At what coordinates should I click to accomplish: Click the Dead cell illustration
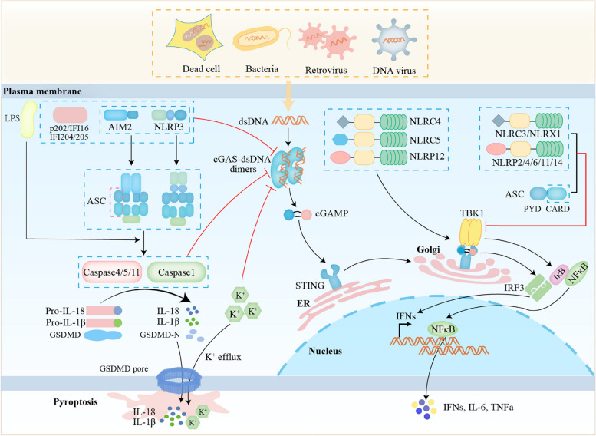[197, 38]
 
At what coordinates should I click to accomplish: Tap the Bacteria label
[262, 69]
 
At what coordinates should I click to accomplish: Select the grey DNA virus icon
[394, 41]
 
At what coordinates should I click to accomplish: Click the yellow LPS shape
[29, 119]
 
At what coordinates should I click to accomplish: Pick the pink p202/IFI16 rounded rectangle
[70, 114]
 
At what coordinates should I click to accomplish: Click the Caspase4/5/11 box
[111, 272]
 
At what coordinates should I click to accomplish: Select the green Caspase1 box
[176, 272]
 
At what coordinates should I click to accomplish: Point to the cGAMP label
[332, 214]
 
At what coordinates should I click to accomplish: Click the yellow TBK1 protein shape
[471, 232]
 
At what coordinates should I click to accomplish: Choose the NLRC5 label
[425, 140]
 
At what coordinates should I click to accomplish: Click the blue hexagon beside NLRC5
[341, 140]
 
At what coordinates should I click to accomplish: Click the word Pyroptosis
[75, 401]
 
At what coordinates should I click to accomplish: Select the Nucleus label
[325, 351]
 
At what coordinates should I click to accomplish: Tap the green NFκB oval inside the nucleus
[443, 329]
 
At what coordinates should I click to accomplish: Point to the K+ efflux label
[223, 357]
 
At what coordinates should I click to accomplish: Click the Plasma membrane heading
[42, 91]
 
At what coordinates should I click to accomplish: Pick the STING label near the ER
[310, 286]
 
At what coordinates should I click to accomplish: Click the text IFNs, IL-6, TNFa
[478, 408]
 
